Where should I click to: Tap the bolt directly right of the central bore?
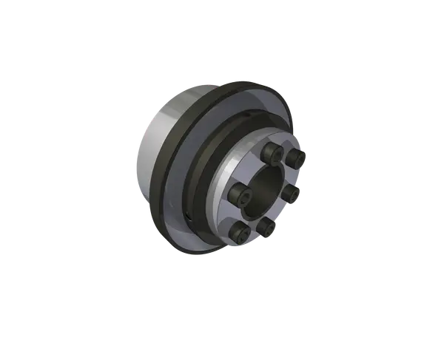coord(292,193)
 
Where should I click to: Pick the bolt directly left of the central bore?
coord(241,194)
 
